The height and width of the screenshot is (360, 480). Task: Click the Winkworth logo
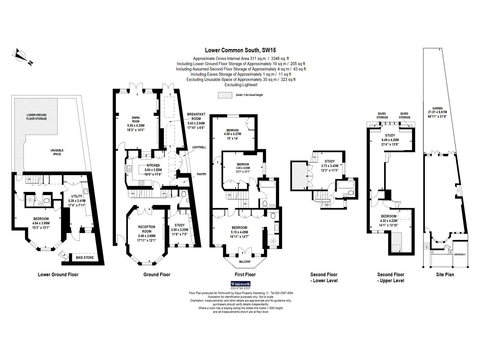point(240,284)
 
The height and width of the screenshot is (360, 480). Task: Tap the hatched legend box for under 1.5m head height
point(225,95)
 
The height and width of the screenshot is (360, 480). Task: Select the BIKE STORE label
point(85,257)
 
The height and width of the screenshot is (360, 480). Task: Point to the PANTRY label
point(201,174)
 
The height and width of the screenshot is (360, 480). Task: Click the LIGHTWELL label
point(199,147)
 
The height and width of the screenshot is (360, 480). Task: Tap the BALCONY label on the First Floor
point(245,262)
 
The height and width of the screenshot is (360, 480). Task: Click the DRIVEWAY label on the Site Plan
point(460,254)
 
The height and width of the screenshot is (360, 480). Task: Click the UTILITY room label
point(77,196)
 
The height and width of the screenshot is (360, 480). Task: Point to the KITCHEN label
point(153,166)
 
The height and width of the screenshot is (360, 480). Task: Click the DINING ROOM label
point(135,119)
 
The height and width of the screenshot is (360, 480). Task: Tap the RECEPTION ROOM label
point(146,229)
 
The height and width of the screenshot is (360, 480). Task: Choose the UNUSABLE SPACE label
point(57,152)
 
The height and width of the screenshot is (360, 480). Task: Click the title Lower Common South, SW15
point(240,50)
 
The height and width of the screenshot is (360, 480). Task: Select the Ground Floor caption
point(157,275)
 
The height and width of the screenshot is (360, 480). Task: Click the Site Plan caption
point(445,275)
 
